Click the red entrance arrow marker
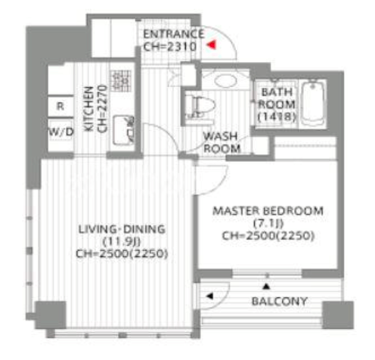click(212, 45)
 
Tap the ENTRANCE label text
click(174, 34)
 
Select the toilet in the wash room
click(200, 107)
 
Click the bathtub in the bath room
click(313, 104)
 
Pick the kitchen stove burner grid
click(120, 81)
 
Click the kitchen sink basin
click(123, 130)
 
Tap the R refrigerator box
click(60, 106)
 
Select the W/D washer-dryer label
click(61, 132)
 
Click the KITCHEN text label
click(88, 109)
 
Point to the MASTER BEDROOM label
click(268, 211)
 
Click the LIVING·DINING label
click(122, 229)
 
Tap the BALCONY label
click(280, 301)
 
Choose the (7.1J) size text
click(268, 223)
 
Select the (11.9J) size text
click(122, 241)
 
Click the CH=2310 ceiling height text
click(170, 47)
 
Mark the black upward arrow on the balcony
click(266, 287)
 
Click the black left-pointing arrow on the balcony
click(209, 296)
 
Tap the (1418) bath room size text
click(277, 116)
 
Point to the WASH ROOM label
click(222, 142)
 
